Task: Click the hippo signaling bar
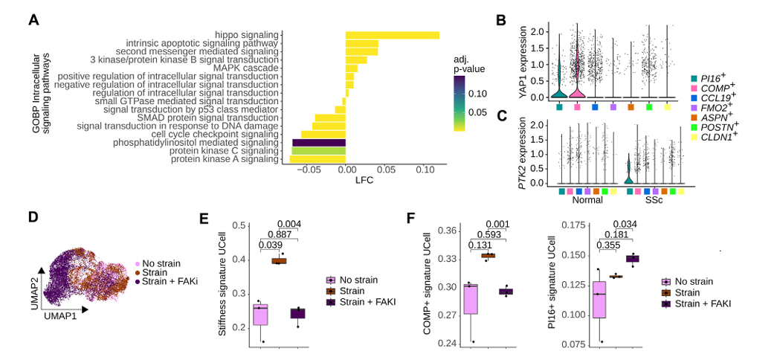pyautogui.click(x=392, y=35)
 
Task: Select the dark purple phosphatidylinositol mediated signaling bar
pyautogui.click(x=318, y=142)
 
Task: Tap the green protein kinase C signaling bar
pyautogui.click(x=318, y=150)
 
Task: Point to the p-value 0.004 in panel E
pyautogui.click(x=288, y=225)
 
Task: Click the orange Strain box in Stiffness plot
pyautogui.click(x=279, y=260)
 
